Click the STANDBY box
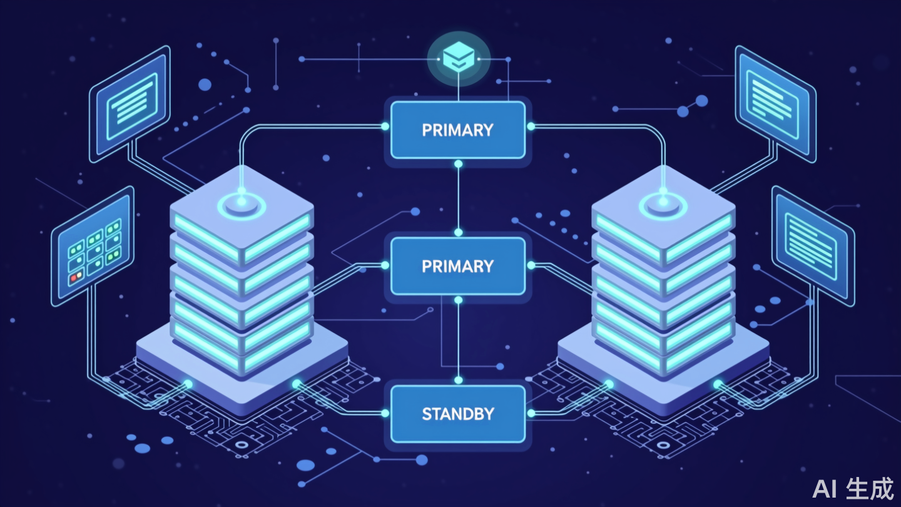tap(458, 413)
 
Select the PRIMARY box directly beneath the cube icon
tap(458, 130)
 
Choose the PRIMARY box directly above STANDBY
tap(458, 266)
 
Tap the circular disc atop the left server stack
tap(241, 205)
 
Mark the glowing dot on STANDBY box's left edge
tap(385, 413)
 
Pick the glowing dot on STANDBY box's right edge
tap(531, 413)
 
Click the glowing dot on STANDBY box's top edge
tap(458, 380)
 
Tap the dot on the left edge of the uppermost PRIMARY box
tap(385, 126)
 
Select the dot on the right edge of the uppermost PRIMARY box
tap(531, 126)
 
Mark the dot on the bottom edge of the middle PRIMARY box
tap(458, 300)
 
